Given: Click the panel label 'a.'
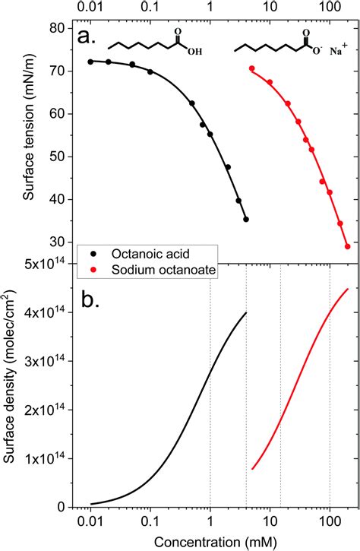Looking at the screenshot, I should [x=90, y=36].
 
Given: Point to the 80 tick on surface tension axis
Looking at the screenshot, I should [x=55, y=29].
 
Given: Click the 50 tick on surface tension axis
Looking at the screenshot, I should [x=55, y=157].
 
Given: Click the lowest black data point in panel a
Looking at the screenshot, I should [x=246, y=219].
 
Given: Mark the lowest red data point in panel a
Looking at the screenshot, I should [x=347, y=246].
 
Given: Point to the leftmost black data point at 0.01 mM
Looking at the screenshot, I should [x=91, y=62].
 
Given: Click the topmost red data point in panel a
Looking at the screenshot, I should [x=251, y=68].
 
